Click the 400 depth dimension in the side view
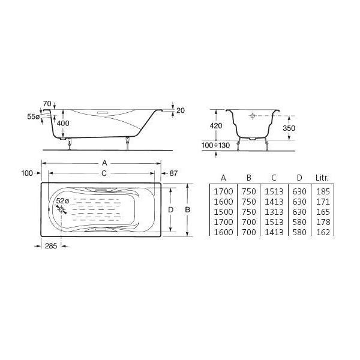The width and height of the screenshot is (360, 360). click(x=63, y=123)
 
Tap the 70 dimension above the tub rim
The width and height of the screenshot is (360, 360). click(x=47, y=104)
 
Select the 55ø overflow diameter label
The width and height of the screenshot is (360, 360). click(x=33, y=116)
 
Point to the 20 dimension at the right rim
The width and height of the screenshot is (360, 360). click(x=181, y=110)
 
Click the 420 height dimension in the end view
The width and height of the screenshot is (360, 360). click(x=216, y=126)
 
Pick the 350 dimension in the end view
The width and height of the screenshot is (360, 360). click(x=289, y=128)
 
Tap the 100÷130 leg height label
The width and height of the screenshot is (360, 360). click(x=215, y=145)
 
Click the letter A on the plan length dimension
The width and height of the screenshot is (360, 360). click(x=104, y=163)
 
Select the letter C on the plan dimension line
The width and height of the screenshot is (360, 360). click(x=104, y=173)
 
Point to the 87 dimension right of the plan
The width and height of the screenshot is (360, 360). click(x=173, y=173)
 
